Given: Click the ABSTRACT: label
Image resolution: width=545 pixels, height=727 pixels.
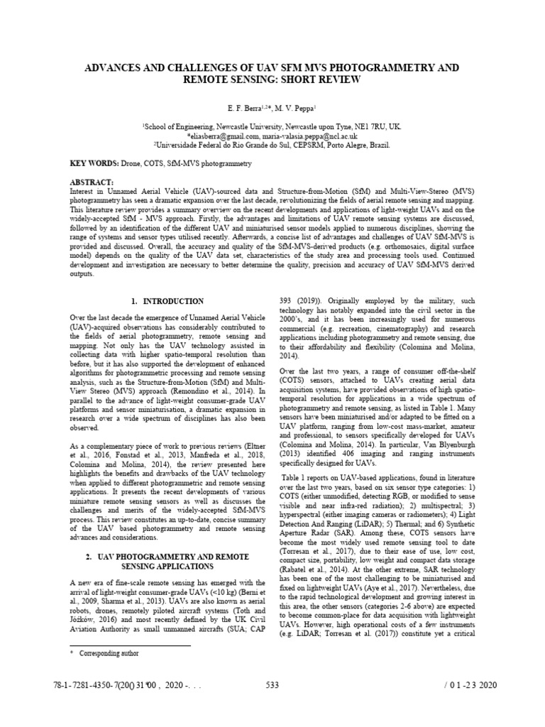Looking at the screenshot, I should tap(92, 182).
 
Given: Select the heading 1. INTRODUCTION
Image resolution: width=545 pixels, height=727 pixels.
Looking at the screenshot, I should tap(167, 301).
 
